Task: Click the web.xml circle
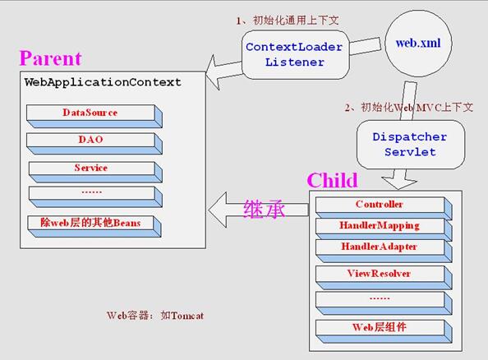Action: (x=418, y=44)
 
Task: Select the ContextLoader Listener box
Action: (x=296, y=55)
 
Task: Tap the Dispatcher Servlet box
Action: (x=411, y=145)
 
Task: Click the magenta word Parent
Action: (x=50, y=58)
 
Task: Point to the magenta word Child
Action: (x=333, y=180)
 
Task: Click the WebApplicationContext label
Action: (x=103, y=82)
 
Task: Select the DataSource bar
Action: (x=94, y=116)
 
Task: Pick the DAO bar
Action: (x=94, y=144)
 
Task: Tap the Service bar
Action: (x=95, y=172)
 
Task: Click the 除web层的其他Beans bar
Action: (x=94, y=226)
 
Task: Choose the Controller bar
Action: (x=384, y=208)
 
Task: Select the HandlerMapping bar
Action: (x=384, y=228)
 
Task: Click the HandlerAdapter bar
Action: (x=384, y=251)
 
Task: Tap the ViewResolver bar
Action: (x=384, y=278)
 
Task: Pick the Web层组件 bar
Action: (x=384, y=332)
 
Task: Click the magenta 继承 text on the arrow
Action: (x=264, y=209)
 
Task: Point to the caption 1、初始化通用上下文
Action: (x=288, y=21)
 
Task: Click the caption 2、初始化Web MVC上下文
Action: (x=408, y=108)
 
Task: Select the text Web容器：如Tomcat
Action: (x=155, y=316)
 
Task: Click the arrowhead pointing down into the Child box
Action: (x=399, y=183)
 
